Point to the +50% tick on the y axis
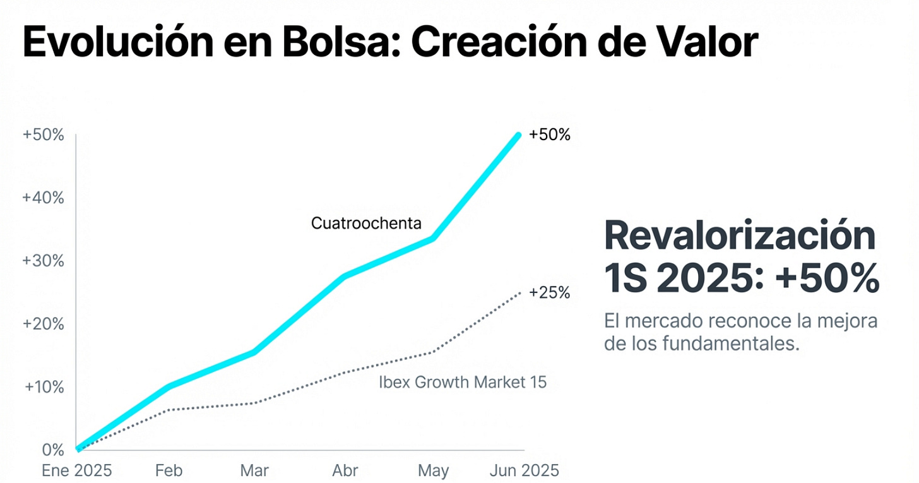point(43,135)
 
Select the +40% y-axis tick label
point(43,198)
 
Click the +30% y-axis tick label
point(43,261)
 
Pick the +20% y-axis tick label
point(43,324)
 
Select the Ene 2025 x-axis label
point(76,471)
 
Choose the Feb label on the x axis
point(169,471)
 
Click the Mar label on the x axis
point(254,471)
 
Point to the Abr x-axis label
point(345,471)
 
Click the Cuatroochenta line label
point(366,223)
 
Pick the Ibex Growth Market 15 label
point(463,382)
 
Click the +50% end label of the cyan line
point(549,135)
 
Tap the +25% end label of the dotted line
point(549,293)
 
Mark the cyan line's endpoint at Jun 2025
point(519,135)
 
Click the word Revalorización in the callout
point(740,237)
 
